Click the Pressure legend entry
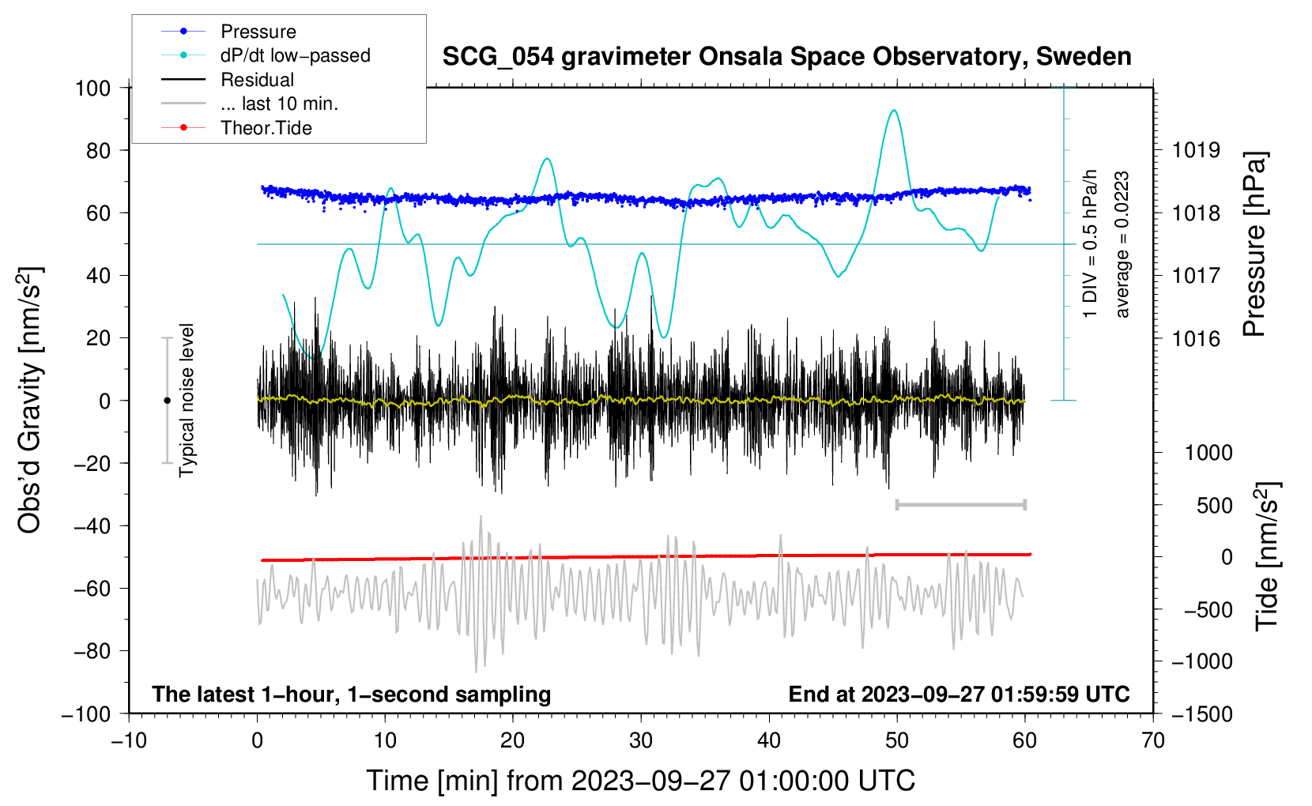258,32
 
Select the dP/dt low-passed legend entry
295,55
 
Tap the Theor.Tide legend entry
266,128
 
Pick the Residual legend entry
257,80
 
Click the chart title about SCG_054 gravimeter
786,57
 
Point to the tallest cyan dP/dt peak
894,111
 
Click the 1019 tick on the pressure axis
1196,150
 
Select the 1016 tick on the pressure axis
1196,339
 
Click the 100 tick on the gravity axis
93,88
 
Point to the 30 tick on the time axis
641,740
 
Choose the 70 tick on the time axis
1153,740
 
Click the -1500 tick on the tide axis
1202,714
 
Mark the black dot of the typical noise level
167,401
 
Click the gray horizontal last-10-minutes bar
960,504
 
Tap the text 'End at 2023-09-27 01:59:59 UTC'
959,695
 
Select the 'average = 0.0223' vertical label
1122,245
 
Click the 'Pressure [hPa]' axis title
1254,245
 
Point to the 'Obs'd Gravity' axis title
30,401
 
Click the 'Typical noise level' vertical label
187,401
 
